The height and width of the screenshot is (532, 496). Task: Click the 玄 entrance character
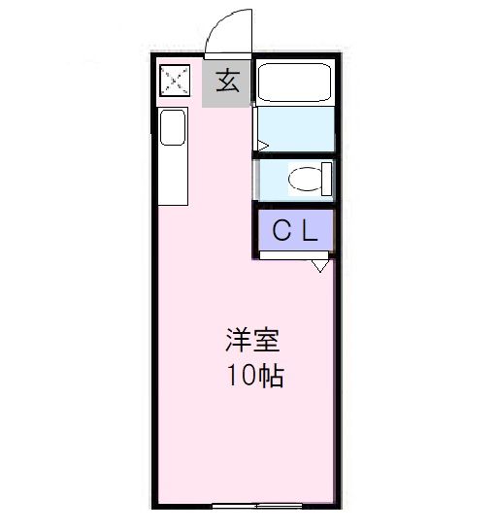pyautogui.click(x=227, y=81)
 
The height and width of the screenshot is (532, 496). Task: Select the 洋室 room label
pyautogui.click(x=253, y=341)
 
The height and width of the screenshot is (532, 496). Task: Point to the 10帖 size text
pyautogui.click(x=255, y=376)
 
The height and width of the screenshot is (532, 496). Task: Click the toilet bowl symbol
pyautogui.click(x=304, y=179)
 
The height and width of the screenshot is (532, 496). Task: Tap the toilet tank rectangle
pyautogui.click(x=326, y=179)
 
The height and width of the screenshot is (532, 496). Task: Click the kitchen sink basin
pyautogui.click(x=173, y=127)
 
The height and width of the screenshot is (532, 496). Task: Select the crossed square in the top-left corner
pyautogui.click(x=174, y=81)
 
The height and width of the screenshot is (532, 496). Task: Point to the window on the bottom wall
pyautogui.click(x=256, y=506)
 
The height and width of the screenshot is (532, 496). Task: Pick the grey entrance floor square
pyautogui.click(x=227, y=83)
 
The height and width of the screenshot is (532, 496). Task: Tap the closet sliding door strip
pyautogui.click(x=291, y=256)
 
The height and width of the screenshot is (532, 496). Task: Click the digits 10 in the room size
pyautogui.click(x=240, y=376)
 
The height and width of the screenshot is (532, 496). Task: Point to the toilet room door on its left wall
pyautogui.click(x=256, y=180)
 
